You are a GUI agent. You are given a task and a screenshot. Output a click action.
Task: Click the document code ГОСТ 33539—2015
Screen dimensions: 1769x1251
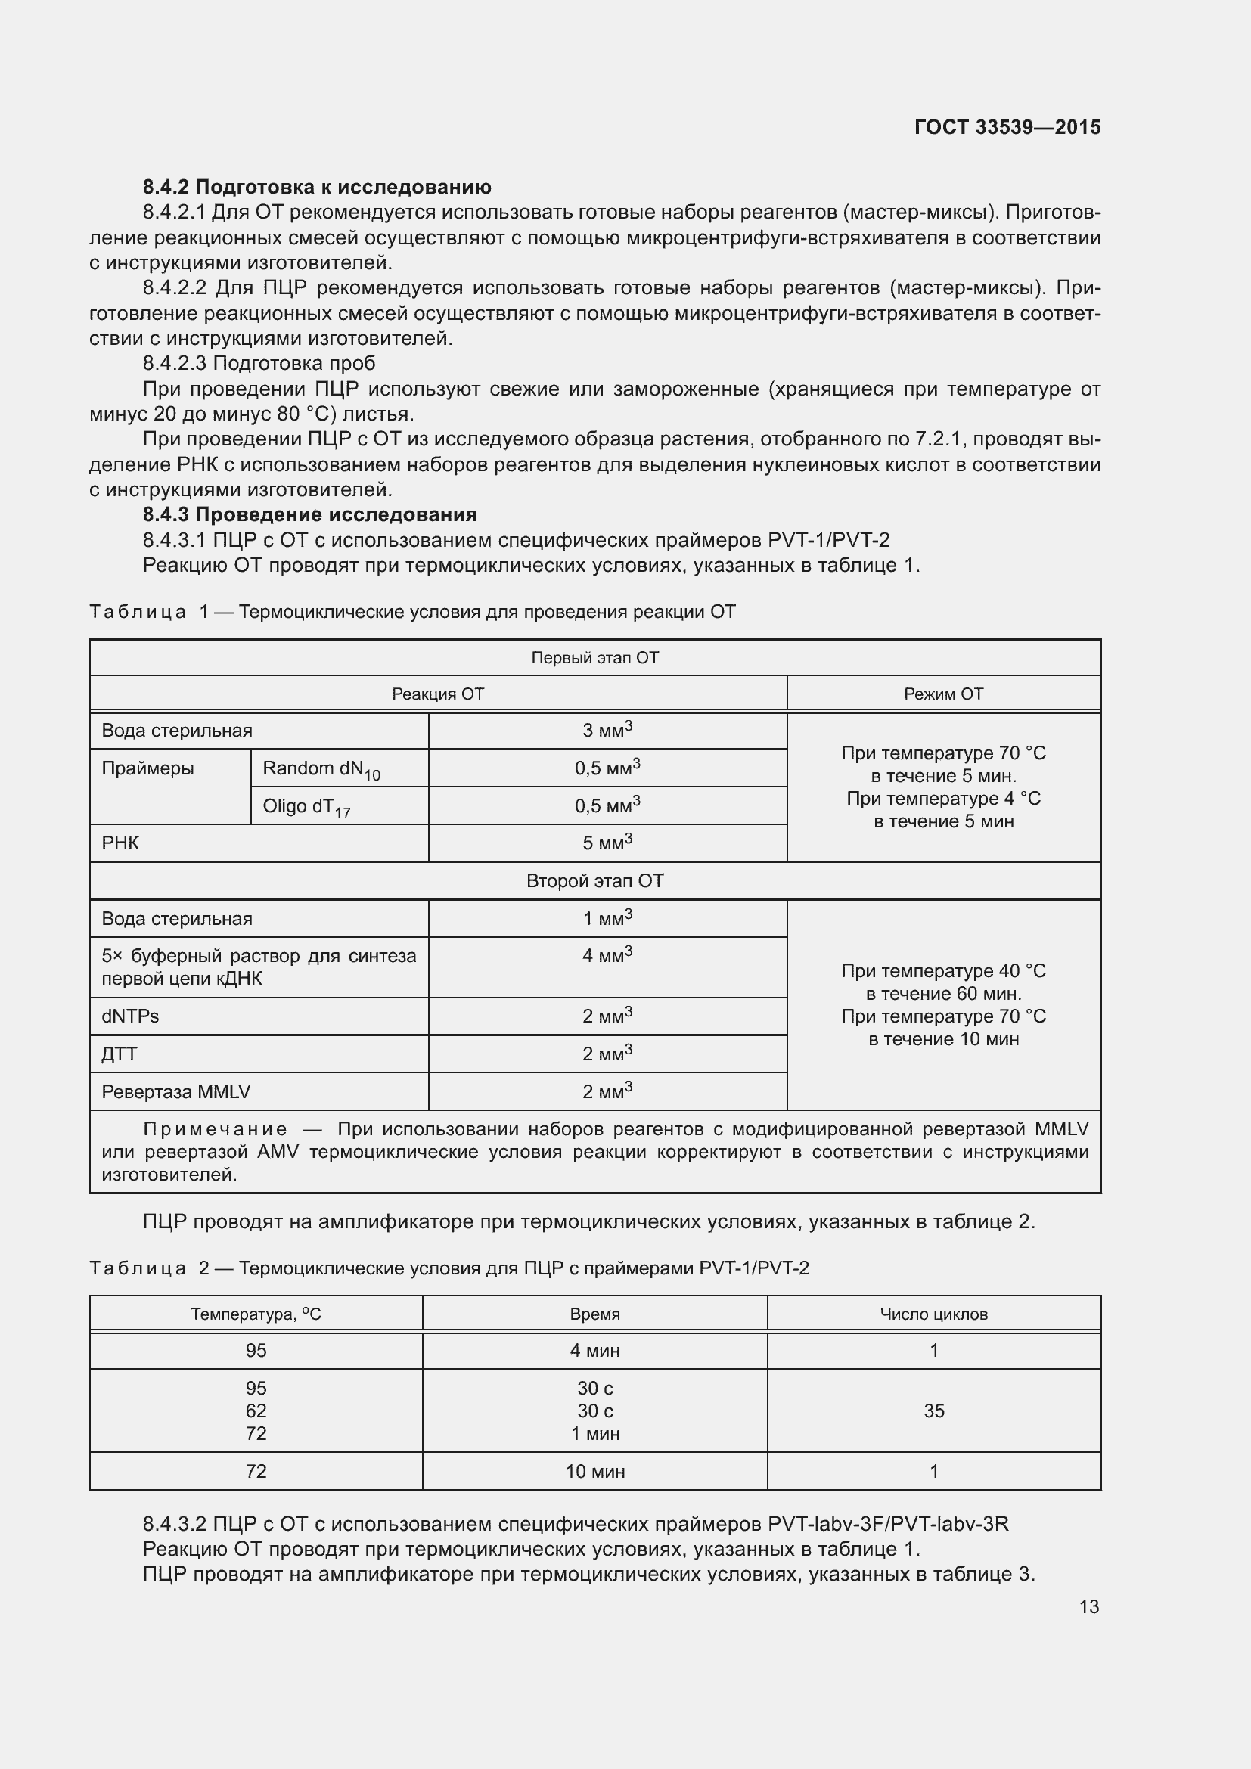pos(1007,127)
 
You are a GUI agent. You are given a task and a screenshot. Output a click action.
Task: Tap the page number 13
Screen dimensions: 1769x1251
pos(1088,1606)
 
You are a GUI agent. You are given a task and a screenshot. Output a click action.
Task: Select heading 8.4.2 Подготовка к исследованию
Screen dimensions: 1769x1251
pos(317,187)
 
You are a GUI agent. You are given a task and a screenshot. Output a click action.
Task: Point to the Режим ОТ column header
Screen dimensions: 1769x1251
pos(943,694)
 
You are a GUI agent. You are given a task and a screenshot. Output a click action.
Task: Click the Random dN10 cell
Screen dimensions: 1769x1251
pos(321,769)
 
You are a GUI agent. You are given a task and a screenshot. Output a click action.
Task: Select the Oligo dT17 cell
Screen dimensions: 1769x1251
pos(306,807)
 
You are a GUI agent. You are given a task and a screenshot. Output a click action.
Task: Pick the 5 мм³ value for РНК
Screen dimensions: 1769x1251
pos(607,843)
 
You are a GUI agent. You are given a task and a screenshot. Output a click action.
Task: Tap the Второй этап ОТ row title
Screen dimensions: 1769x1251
pos(594,880)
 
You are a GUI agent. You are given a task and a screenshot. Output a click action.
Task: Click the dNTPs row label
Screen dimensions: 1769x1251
pos(130,1016)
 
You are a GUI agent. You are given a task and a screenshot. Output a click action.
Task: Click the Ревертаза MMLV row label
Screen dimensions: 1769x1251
pos(175,1091)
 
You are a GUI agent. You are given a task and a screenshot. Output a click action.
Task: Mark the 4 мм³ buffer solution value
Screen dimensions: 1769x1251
pos(607,955)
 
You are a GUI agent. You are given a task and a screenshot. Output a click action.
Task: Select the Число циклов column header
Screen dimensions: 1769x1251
pos(933,1314)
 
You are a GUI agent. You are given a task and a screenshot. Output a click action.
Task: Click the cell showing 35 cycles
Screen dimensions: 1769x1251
pos(933,1410)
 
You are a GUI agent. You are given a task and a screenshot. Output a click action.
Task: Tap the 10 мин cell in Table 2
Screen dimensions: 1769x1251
pos(594,1471)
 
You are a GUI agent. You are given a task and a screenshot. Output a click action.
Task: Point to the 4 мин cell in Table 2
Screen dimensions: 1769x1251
pos(594,1350)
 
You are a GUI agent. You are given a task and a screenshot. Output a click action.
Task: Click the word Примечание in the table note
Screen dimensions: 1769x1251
pos(215,1129)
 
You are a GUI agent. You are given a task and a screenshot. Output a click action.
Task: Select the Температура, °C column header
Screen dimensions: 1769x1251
pos(256,1314)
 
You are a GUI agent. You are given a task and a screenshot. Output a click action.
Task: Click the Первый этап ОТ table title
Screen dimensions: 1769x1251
pos(594,657)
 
